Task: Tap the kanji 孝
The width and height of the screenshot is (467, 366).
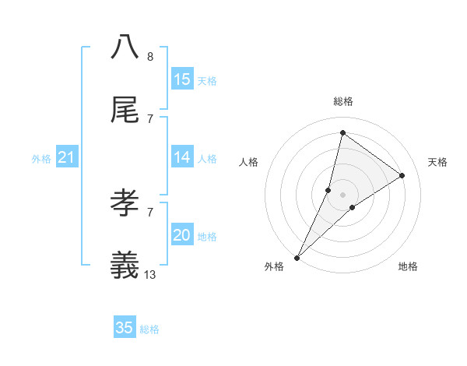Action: pyautogui.click(x=125, y=203)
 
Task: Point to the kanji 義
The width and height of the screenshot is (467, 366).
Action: pyautogui.click(x=125, y=266)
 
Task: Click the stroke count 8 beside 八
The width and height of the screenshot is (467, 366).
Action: pyautogui.click(x=150, y=57)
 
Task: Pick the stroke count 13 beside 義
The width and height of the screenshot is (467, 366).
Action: pyautogui.click(x=150, y=274)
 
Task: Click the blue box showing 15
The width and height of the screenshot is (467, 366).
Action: pyautogui.click(x=182, y=79)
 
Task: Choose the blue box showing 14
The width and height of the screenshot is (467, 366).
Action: pyautogui.click(x=182, y=157)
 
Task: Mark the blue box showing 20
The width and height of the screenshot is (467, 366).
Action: pyautogui.click(x=182, y=235)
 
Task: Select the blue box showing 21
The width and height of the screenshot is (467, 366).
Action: pyautogui.click(x=67, y=157)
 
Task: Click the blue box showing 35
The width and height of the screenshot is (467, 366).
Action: pyautogui.click(x=125, y=328)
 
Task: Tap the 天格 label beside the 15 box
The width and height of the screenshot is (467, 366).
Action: pyautogui.click(x=207, y=80)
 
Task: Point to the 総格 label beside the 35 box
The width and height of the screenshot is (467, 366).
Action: pyautogui.click(x=149, y=329)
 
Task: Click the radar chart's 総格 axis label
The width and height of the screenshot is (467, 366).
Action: pyautogui.click(x=342, y=101)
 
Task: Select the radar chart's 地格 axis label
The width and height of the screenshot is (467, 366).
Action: pyautogui.click(x=408, y=266)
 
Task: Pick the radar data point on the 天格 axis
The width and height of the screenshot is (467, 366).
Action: pyautogui.click(x=402, y=175)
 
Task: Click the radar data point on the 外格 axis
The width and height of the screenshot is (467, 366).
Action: pyautogui.click(x=297, y=257)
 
